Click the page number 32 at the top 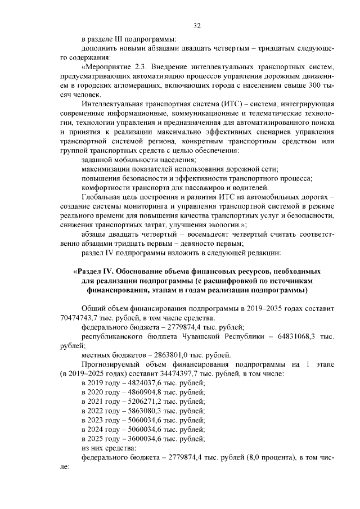point(197,25)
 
